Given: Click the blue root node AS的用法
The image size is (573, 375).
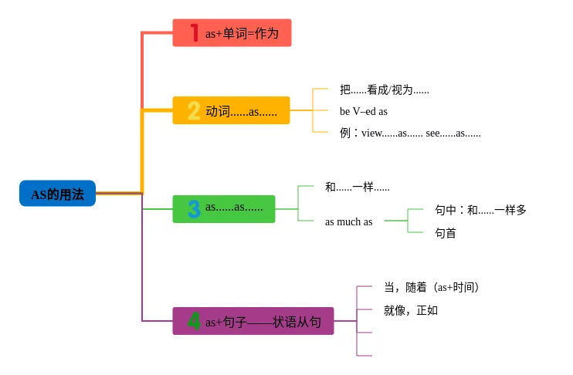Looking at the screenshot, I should [x=57, y=194].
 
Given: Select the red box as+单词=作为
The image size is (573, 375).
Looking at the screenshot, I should [x=232, y=33].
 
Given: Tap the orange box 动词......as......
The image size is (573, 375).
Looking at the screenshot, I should [x=231, y=111].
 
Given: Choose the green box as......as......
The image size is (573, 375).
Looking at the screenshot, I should [x=224, y=208].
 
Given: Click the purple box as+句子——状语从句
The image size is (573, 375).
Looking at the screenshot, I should [x=253, y=321].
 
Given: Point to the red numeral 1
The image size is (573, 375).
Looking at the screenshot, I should [x=194, y=32].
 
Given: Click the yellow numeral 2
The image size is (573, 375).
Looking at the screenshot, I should [x=193, y=111].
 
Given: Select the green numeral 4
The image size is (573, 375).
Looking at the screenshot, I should [x=194, y=321].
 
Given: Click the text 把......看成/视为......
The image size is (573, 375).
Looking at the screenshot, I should [x=384, y=90].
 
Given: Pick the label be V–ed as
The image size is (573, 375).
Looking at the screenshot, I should [x=363, y=111].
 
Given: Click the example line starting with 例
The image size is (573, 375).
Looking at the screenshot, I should [x=409, y=133].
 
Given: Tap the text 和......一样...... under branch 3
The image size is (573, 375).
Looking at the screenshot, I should [x=357, y=187].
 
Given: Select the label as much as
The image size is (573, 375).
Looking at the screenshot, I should [x=348, y=221].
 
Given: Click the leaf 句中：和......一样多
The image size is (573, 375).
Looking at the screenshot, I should [x=480, y=209].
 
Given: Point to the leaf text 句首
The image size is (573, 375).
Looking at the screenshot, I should [x=445, y=232].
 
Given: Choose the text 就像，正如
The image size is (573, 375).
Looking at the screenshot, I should [x=411, y=310].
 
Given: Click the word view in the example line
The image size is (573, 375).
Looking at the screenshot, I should [x=372, y=133].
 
